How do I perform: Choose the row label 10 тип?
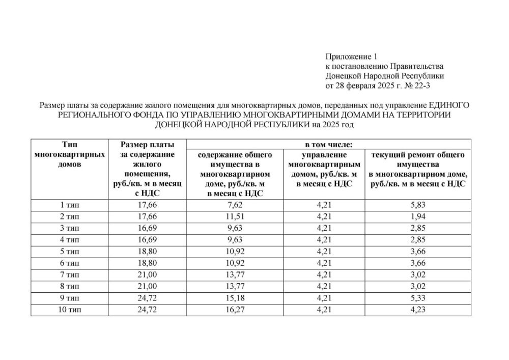69,310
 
